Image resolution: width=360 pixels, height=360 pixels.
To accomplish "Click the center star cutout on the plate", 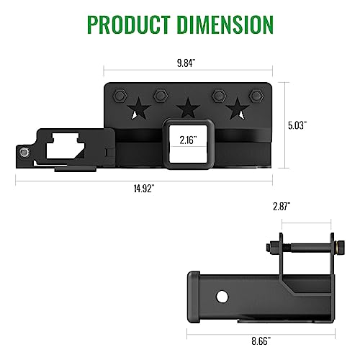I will (x=189, y=109).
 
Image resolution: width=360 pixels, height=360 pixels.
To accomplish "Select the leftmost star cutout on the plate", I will (x=140, y=109).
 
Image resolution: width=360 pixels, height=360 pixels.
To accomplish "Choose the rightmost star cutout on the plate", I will (x=235, y=109).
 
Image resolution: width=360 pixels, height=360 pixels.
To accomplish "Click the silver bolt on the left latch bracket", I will (x=24, y=153).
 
